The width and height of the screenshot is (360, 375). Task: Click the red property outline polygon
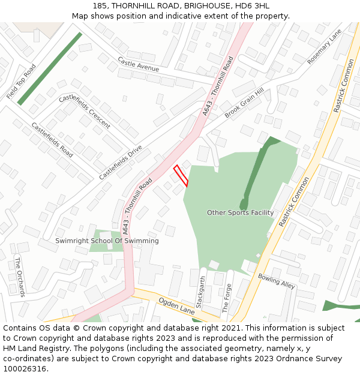pos(181,175)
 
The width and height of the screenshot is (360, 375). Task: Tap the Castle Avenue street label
pos(139,64)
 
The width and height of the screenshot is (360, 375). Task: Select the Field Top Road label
pos(22,82)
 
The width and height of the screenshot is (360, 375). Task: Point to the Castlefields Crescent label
pos(85,111)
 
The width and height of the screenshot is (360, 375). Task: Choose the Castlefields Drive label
pos(121,162)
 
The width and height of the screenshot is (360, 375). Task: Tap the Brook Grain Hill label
pos(244,103)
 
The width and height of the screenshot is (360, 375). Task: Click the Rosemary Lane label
pos(324,47)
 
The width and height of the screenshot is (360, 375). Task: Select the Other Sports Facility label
pos(240,212)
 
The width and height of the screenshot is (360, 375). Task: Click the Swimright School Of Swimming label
pos(107,241)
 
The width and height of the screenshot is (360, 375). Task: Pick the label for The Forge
pos(226,298)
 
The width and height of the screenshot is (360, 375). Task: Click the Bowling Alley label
pos(276,281)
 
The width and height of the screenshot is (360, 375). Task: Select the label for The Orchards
pos(20,277)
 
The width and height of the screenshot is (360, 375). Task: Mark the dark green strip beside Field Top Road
pos(50,68)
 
